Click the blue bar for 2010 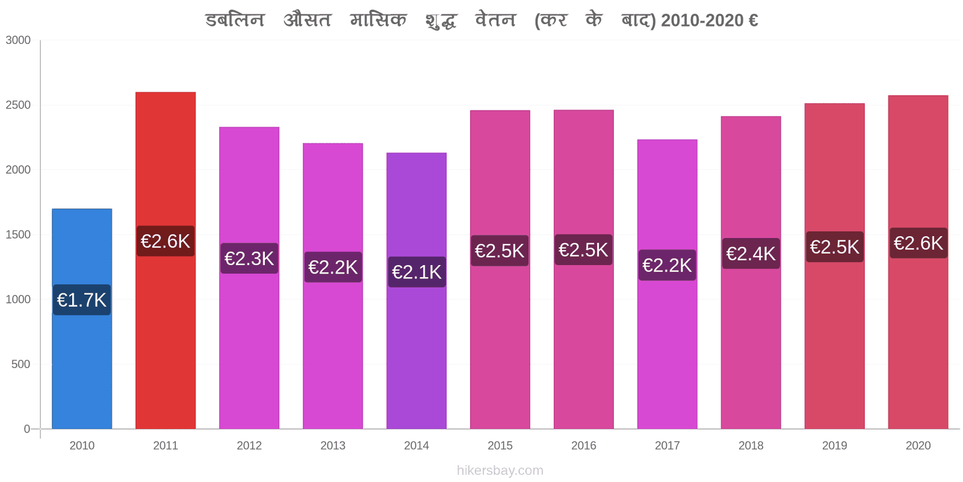82,319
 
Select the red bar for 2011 166,260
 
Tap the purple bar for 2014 416,291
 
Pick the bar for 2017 667,284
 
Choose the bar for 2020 918,262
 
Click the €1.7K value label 82,300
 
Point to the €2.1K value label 417,272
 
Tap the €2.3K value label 249,258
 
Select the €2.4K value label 751,254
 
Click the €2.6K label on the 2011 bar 166,241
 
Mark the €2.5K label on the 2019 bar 835,246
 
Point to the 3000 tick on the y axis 18,40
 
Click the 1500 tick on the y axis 18,234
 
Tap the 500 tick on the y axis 20,364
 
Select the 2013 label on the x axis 333,445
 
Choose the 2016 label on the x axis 584,445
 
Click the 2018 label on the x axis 751,445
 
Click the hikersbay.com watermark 500,471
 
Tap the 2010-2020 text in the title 702,20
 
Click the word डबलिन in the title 235,20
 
